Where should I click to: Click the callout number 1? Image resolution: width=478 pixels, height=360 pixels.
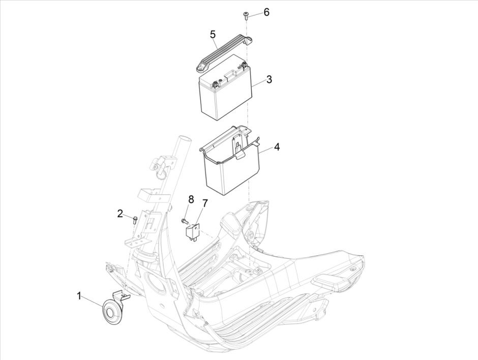79,294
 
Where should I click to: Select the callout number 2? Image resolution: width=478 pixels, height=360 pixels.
121,214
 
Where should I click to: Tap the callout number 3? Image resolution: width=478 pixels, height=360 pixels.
269,80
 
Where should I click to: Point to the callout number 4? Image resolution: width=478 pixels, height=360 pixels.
277,147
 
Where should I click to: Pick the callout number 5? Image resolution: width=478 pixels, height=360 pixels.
213,35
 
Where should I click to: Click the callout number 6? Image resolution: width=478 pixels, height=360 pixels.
266,12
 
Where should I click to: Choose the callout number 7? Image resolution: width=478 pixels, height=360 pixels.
205,203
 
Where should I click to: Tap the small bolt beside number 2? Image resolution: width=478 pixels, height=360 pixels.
135,219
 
